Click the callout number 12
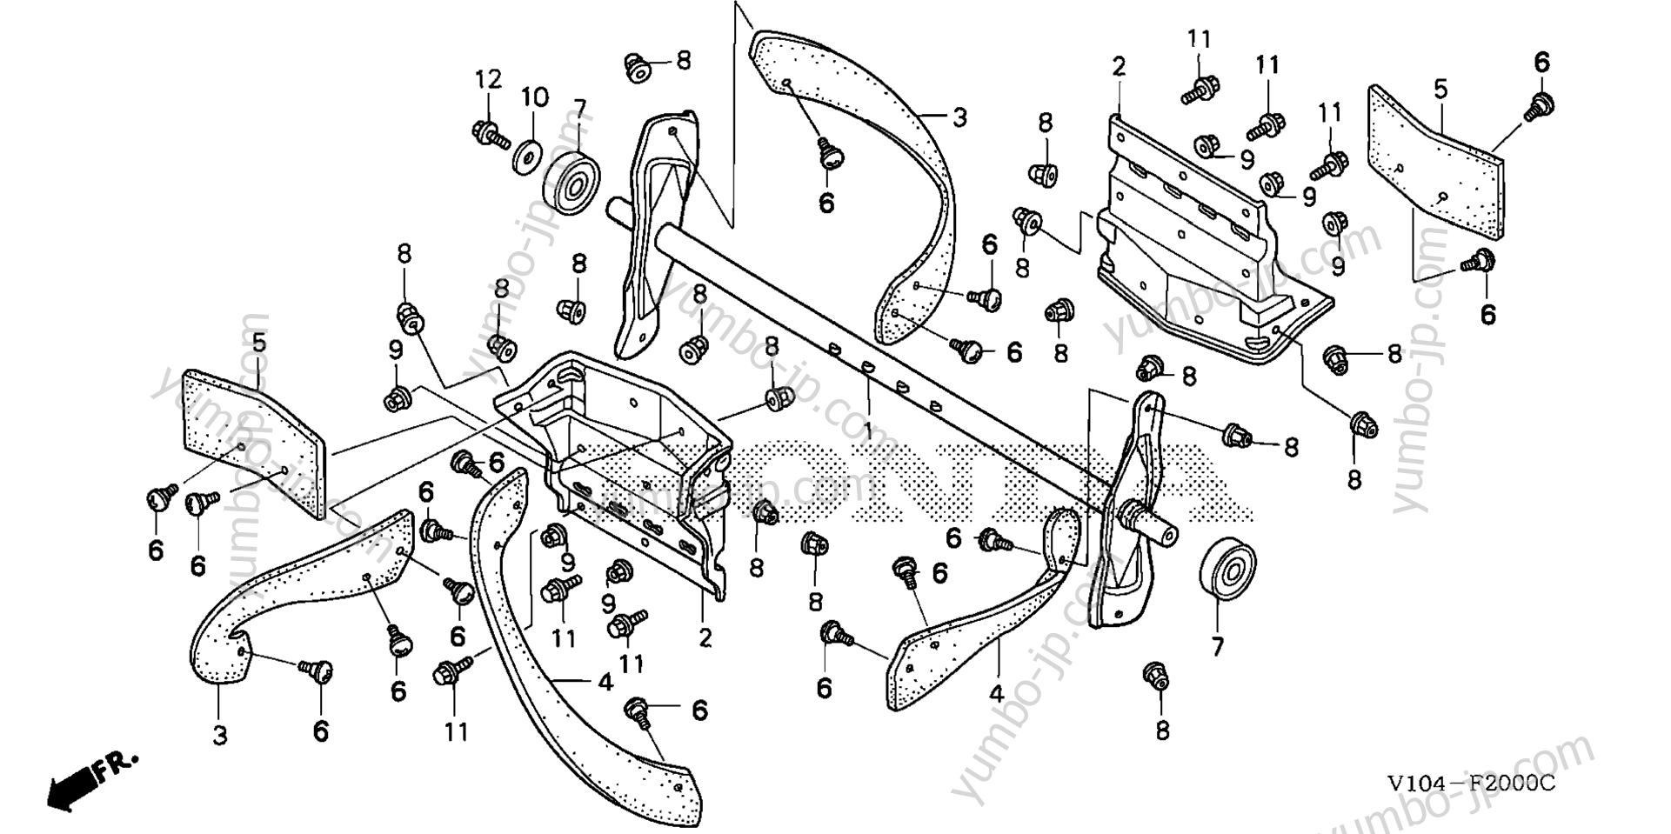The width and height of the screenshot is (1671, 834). click(488, 80)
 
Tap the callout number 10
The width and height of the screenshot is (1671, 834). click(535, 97)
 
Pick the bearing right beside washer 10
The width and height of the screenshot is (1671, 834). click(571, 184)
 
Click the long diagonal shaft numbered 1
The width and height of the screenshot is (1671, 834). click(870, 348)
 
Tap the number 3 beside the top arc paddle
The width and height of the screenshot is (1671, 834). click(959, 117)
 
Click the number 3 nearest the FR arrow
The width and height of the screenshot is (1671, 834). click(219, 736)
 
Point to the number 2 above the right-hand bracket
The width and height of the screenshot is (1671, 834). click(1119, 66)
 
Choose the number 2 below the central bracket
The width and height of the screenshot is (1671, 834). click(705, 637)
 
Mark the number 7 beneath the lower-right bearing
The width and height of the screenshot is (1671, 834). click(1217, 646)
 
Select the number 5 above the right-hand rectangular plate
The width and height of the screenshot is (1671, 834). click(1440, 89)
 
